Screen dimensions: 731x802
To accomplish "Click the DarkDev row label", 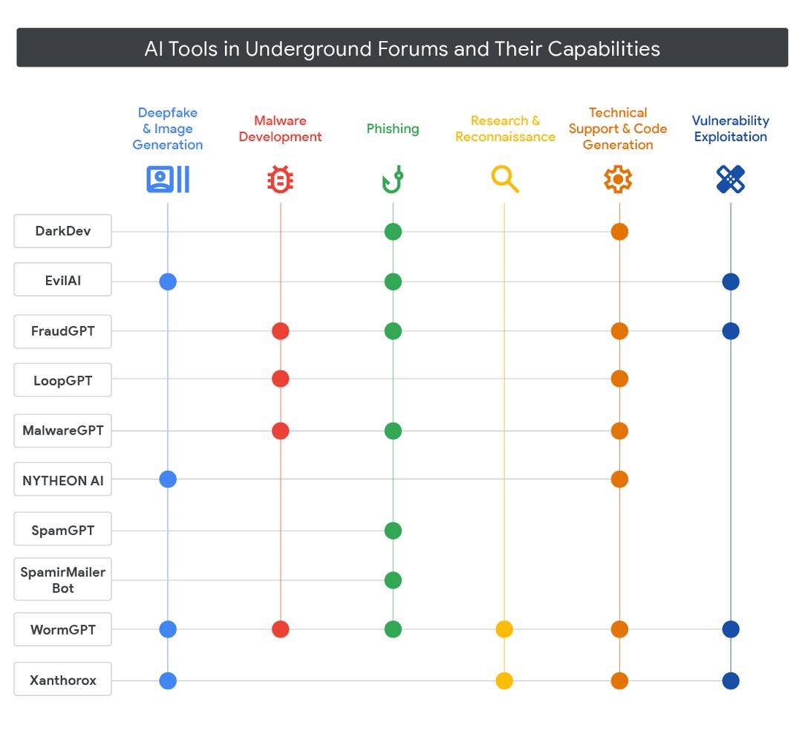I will point(63,231).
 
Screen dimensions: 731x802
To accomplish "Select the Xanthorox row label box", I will point(63,680).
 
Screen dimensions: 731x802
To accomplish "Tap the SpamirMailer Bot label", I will point(63,579).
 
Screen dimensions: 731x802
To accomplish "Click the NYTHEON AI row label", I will point(63,480).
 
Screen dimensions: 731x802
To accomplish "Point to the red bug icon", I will point(280,180).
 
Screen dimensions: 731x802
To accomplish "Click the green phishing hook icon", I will point(392,180).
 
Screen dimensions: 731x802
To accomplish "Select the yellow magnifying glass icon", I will point(505,179).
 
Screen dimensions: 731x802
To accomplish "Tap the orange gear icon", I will point(618,180).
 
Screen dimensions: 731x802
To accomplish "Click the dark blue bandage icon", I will point(731,179).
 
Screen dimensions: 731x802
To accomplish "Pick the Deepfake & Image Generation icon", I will point(168,179).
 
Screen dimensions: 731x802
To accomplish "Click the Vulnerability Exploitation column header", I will point(731,129).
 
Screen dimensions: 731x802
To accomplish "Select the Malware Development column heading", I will point(280,129).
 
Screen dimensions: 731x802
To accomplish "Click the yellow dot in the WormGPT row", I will point(504,629).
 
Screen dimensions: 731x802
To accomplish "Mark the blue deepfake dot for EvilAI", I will point(168,282).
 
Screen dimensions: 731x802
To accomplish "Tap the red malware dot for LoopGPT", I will point(280,379).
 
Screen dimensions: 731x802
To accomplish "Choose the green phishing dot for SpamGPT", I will point(393,530).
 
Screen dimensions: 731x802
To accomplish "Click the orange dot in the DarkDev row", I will point(619,232).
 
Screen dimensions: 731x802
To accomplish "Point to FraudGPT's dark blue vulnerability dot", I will point(731,331).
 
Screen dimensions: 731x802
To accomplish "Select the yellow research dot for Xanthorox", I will point(504,680).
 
